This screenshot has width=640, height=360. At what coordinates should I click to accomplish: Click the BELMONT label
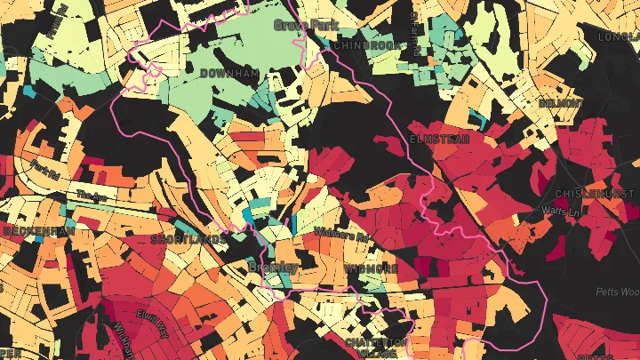pyautogui.click(x=561, y=103)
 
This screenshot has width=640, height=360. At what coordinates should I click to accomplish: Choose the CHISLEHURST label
pyautogui.click(x=596, y=194)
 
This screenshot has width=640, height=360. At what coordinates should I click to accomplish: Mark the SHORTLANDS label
pyautogui.click(x=188, y=239)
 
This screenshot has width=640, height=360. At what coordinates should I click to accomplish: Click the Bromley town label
pyautogui.click(x=273, y=267)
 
